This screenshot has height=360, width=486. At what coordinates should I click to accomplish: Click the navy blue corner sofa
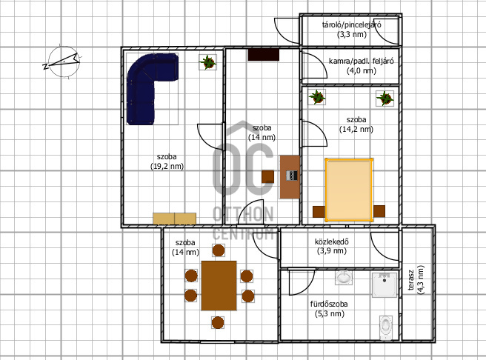[x=141, y=93]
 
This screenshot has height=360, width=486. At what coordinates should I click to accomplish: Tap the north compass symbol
[x=63, y=61]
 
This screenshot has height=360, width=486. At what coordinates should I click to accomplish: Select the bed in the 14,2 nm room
[x=349, y=190]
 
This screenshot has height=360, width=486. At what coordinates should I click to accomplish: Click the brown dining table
[x=219, y=285]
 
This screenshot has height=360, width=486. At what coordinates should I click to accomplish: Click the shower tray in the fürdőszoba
[x=385, y=284]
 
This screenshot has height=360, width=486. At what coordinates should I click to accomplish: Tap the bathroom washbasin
[x=344, y=277]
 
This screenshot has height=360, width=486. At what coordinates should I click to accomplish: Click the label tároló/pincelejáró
[x=351, y=24]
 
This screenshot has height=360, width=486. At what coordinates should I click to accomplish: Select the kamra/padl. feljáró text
[x=361, y=61]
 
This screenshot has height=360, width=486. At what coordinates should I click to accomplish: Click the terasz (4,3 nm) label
[x=416, y=280]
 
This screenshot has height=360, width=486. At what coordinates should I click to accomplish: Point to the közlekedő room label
[x=332, y=241]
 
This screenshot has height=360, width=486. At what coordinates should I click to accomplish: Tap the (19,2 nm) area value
[x=167, y=167]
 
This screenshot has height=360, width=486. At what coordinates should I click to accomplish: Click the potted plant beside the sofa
[x=207, y=62]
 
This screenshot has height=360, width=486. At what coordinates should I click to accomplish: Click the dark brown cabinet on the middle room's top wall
[x=264, y=55]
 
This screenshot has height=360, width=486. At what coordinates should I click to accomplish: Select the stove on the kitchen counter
[x=291, y=176]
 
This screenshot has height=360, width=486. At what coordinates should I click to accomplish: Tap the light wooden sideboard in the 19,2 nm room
[x=175, y=219]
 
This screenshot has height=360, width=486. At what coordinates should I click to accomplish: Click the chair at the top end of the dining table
[x=219, y=250]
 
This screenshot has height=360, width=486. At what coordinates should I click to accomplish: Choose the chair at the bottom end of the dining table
[x=218, y=322]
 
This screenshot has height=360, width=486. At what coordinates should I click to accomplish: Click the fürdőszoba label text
[x=329, y=304]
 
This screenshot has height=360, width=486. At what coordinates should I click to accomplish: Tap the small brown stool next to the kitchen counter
[x=267, y=176]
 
